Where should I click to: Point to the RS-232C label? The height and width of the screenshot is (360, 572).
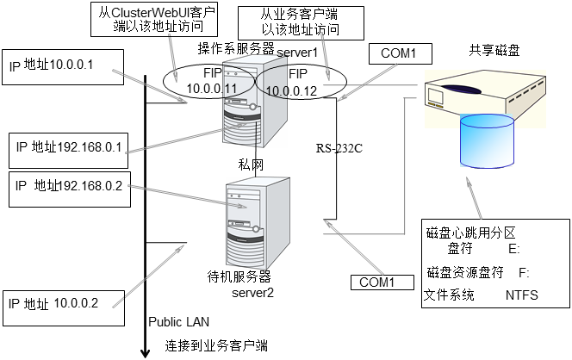(x=339, y=148)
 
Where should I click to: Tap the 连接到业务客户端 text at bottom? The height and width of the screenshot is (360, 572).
(x=216, y=346)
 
